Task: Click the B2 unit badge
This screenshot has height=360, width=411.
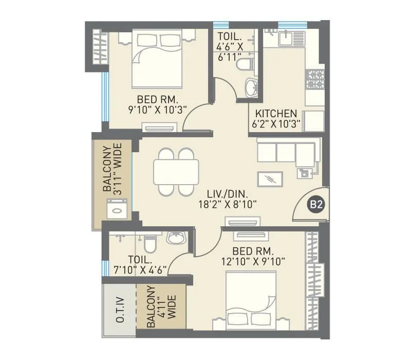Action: pyautogui.click(x=315, y=205)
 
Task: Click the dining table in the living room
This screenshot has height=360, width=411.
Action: pyautogui.click(x=176, y=172)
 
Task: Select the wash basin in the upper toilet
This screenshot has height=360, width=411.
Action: pyautogui.click(x=251, y=87)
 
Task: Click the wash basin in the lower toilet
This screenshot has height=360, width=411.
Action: pyautogui.click(x=176, y=237)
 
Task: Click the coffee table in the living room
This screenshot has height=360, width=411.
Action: pyautogui.click(x=269, y=177)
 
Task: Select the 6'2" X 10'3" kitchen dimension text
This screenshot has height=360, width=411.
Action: pyautogui.click(x=276, y=123)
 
